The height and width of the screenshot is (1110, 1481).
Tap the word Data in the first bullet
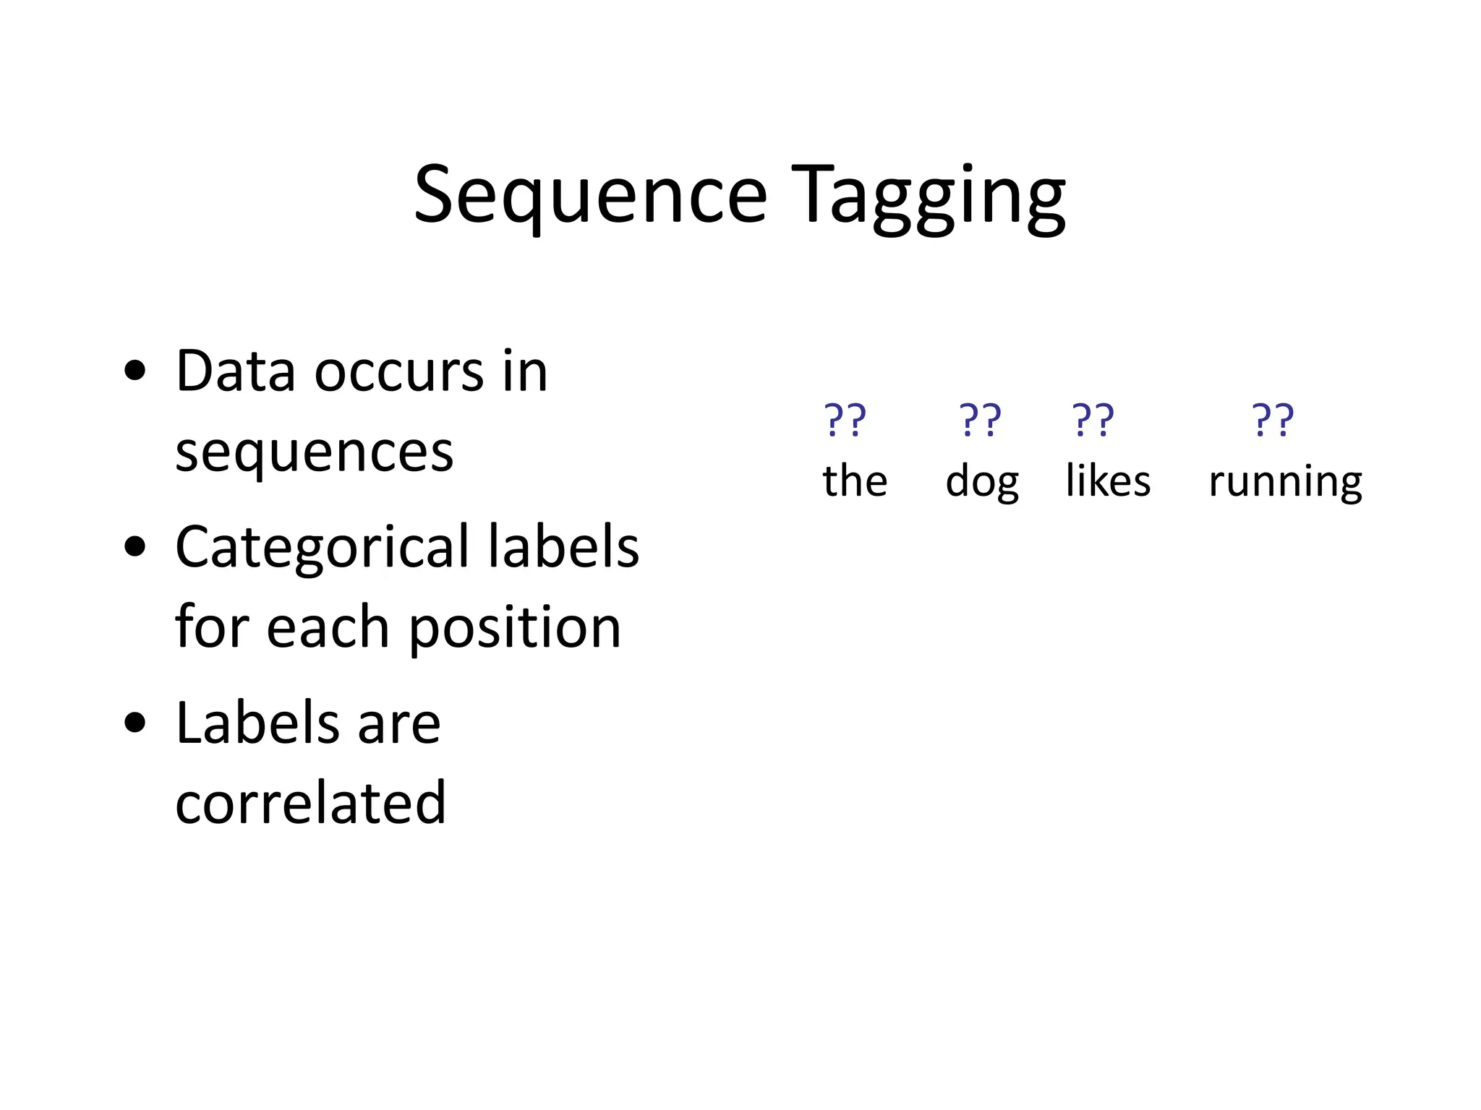(x=235, y=371)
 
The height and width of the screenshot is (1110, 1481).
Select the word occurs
(x=398, y=371)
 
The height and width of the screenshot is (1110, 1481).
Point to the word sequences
(x=314, y=452)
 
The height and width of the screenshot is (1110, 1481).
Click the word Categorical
(x=322, y=548)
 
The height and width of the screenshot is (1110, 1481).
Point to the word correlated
(x=310, y=803)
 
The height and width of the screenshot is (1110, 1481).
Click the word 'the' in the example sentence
(x=855, y=481)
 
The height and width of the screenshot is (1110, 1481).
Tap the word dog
(x=982, y=482)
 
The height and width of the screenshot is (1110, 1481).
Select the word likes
(x=1108, y=481)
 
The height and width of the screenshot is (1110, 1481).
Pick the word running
(x=1285, y=482)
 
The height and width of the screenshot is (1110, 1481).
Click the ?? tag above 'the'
(x=845, y=420)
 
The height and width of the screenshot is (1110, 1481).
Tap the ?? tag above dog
(x=980, y=420)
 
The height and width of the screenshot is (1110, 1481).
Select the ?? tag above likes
(x=1093, y=420)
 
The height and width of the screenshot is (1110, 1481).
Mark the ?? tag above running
(x=1273, y=420)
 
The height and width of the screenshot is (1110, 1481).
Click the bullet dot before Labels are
(x=135, y=723)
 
